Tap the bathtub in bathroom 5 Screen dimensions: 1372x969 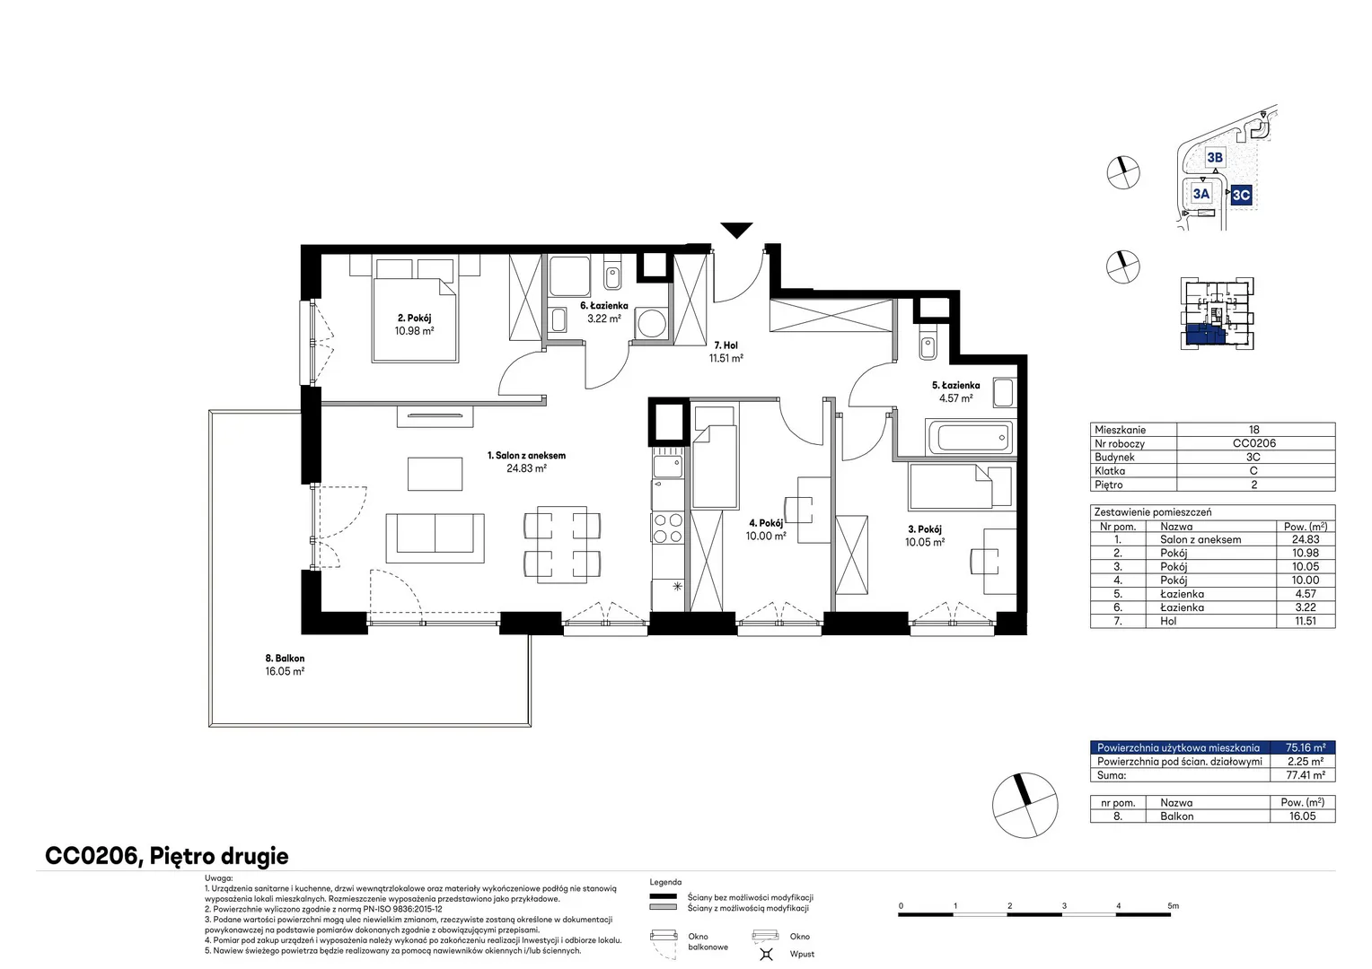(x=972, y=438)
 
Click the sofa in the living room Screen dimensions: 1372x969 (x=435, y=538)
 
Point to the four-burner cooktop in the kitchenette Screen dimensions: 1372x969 (x=668, y=528)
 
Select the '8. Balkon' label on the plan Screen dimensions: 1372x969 (x=285, y=658)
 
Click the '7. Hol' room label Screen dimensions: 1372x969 (x=726, y=345)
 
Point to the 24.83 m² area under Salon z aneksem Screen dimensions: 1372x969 (x=526, y=468)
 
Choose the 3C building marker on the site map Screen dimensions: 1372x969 (x=1241, y=196)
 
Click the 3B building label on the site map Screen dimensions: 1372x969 (x=1215, y=158)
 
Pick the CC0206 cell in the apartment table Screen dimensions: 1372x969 (x=1253, y=443)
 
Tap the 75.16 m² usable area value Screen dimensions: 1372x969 (x=1306, y=747)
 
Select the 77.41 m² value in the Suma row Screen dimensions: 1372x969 (x=1306, y=775)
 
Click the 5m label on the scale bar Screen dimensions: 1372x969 (x=1173, y=905)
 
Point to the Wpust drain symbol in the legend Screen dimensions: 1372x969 (x=766, y=954)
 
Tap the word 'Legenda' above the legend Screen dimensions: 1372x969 (x=665, y=882)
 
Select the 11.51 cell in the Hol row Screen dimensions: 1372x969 (x=1306, y=621)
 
